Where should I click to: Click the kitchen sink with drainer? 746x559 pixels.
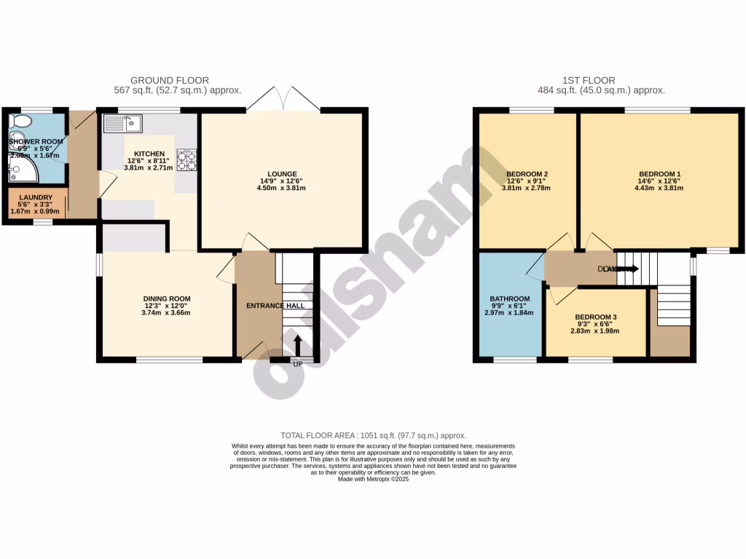tap(122, 124)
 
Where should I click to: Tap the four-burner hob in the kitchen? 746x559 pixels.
tap(186, 159)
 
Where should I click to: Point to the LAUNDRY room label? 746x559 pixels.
tap(35, 197)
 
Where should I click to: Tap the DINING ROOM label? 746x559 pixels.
tap(166, 298)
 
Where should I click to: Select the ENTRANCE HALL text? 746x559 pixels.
tap(275, 306)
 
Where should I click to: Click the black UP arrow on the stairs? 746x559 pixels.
tap(297, 346)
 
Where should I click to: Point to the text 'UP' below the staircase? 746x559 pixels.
tap(297, 363)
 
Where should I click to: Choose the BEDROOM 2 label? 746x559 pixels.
tap(527, 173)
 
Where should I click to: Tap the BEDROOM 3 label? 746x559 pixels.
tap(595, 317)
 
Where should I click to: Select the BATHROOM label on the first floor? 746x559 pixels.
tap(509, 299)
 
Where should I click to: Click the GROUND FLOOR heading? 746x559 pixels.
tap(170, 80)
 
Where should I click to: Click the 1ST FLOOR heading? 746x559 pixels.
tap(588, 80)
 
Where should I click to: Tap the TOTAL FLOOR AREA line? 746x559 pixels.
tap(373, 435)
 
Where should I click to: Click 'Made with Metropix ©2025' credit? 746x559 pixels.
tap(373, 479)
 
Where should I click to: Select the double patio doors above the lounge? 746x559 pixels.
tap(283, 99)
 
